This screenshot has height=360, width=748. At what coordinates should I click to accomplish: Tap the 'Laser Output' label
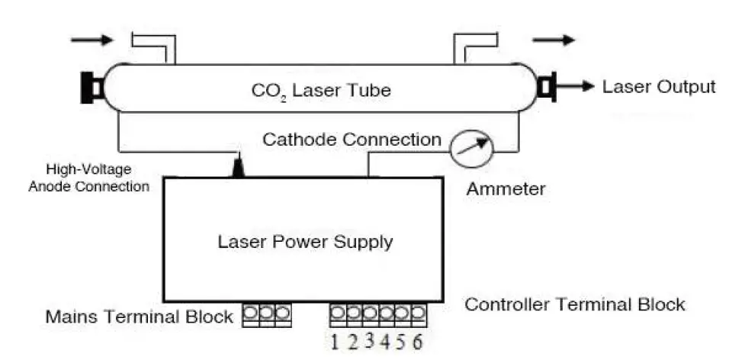(659, 86)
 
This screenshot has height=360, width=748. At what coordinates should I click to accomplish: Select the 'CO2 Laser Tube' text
(321, 91)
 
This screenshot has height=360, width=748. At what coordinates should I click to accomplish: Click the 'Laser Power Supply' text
(305, 243)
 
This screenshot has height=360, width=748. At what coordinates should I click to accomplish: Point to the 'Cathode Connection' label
(352, 140)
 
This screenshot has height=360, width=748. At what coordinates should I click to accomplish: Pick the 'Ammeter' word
(506, 188)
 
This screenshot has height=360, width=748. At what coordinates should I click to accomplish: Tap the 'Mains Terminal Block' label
(140, 317)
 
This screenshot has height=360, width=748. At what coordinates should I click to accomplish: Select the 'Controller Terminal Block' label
(575, 305)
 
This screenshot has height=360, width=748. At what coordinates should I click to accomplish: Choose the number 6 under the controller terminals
(417, 341)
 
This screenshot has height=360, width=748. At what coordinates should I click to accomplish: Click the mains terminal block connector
(266, 316)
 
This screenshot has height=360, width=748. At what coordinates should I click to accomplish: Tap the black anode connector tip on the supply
(239, 167)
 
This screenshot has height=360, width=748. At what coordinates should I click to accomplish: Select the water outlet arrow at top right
(553, 40)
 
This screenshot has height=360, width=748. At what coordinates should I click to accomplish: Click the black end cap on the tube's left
(91, 87)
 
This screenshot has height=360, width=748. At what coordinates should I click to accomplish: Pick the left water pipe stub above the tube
(155, 46)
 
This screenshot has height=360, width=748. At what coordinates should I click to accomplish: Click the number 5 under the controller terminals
(401, 341)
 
